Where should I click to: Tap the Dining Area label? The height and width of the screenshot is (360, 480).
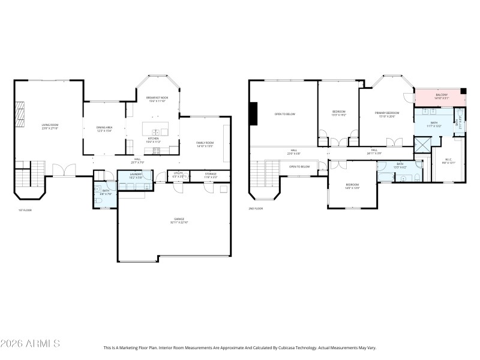pyautogui.click(x=104, y=128)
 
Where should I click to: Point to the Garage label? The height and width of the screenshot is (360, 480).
pyautogui.click(x=179, y=220)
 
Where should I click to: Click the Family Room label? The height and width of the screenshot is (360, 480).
pyautogui.click(x=205, y=143)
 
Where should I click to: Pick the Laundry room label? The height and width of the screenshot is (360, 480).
pyautogui.click(x=136, y=175)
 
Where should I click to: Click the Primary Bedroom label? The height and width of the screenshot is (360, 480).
pyautogui.click(x=387, y=114)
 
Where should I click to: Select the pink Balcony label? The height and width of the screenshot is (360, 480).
pyautogui.click(x=441, y=95)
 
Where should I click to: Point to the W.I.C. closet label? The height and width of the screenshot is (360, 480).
pyautogui.click(x=451, y=160)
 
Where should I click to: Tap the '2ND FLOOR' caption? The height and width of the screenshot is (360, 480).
pyautogui.click(x=256, y=209)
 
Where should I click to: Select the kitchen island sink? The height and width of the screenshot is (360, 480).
pyautogui.click(x=155, y=132)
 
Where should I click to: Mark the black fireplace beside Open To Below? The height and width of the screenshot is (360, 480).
pyautogui.click(x=254, y=114)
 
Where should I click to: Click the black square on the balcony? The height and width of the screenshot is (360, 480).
pyautogui.click(x=463, y=91)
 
